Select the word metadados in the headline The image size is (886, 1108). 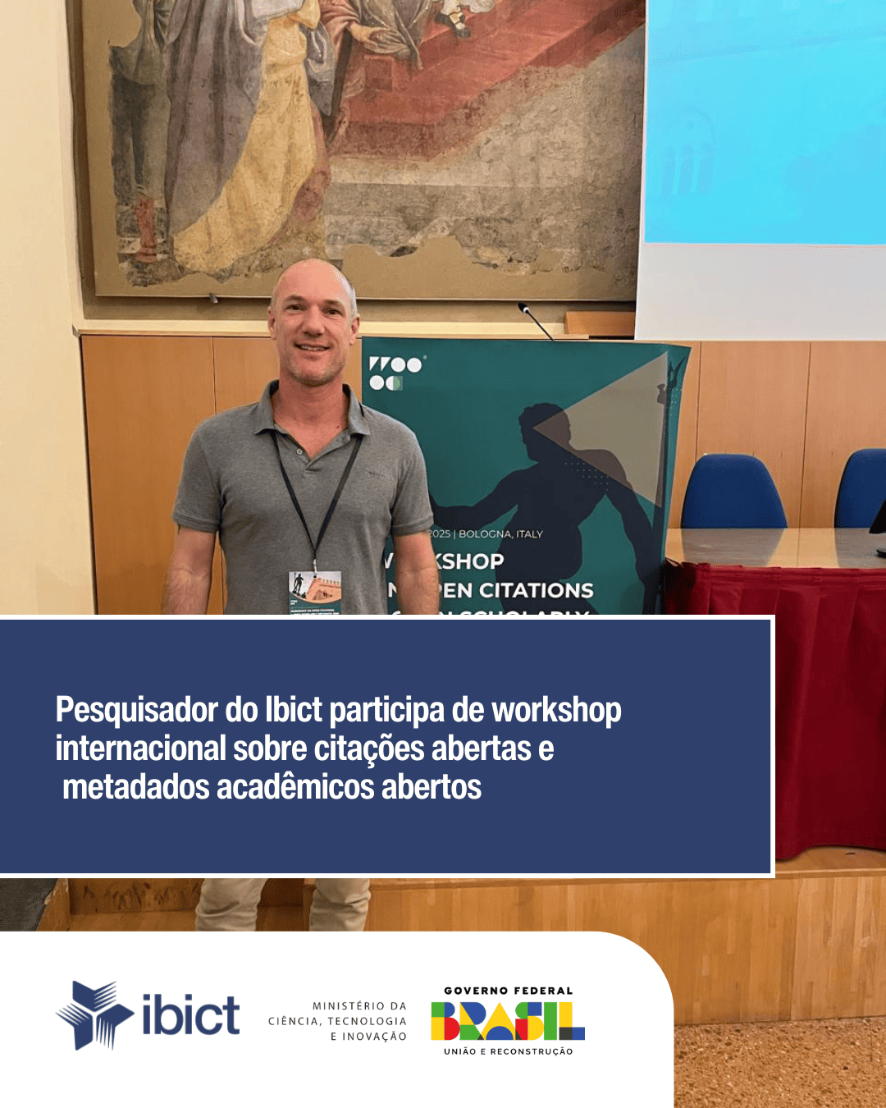(x=136, y=787)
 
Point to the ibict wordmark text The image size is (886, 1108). (x=190, y=1015)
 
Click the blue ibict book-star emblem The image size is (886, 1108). (x=94, y=1014)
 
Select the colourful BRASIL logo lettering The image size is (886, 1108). (x=508, y=1021)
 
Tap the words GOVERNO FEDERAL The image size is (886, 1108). (x=508, y=991)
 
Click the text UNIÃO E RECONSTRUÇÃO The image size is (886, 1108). (x=508, y=1051)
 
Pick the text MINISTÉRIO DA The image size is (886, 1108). (x=359, y=1005)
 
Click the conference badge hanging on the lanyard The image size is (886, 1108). (x=314, y=593)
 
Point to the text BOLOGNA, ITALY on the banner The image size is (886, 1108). (x=500, y=534)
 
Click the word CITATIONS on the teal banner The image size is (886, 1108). (x=536, y=590)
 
